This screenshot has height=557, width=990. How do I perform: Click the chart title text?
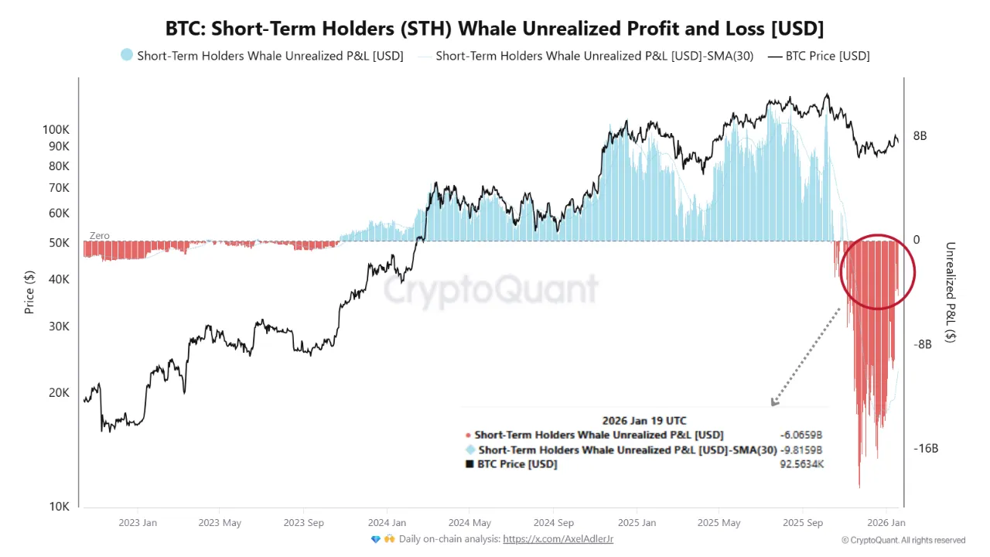[495, 29]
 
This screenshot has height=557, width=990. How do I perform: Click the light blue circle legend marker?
[127, 56]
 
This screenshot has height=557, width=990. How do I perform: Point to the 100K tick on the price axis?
[56, 130]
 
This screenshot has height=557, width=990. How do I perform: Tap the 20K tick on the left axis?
[59, 393]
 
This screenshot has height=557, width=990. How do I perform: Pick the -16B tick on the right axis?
[925, 449]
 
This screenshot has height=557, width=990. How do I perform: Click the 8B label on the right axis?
[920, 136]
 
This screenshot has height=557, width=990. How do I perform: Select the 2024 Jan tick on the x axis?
[387, 523]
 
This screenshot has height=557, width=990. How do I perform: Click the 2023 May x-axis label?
[221, 523]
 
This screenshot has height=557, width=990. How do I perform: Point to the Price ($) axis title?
[29, 292]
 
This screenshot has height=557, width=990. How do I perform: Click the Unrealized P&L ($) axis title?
[950, 292]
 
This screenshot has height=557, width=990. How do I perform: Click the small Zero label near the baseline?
[99, 235]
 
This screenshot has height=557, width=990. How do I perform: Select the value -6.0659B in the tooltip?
[801, 436]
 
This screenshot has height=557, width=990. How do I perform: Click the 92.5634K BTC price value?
[801, 464]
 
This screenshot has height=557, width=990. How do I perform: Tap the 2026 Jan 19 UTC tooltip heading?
[643, 422]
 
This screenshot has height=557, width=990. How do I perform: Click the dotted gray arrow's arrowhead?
[773, 402]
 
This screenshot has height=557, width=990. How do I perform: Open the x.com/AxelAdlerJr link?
[558, 539]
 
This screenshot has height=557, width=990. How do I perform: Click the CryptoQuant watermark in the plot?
[491, 290]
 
